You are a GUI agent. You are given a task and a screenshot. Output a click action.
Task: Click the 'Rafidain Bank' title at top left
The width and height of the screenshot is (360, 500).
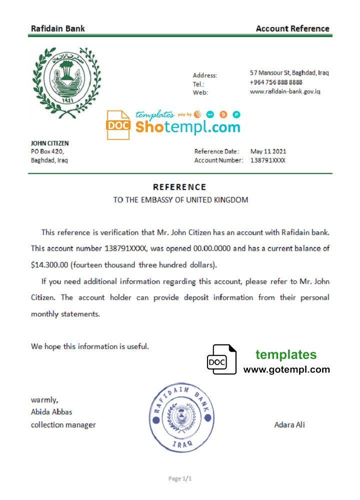(x=58, y=28)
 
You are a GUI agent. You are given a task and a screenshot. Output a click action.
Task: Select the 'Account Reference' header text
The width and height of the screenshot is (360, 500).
(x=292, y=28)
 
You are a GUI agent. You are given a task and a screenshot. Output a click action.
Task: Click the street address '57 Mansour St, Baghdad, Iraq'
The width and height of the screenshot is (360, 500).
(x=289, y=73)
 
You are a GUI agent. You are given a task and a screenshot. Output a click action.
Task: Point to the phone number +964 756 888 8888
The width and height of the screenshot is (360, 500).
(x=276, y=82)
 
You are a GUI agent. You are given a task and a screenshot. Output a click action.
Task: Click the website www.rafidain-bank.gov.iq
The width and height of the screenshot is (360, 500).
(x=285, y=91)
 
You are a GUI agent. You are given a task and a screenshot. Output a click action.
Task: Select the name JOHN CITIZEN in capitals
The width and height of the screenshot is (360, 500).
(x=50, y=143)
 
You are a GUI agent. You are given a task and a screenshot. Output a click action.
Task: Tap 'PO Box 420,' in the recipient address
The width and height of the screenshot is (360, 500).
(x=47, y=151)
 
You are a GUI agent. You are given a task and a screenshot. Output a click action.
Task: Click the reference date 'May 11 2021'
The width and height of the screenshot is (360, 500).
(x=268, y=151)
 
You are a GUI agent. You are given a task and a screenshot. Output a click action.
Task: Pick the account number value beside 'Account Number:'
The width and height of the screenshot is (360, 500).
(x=268, y=160)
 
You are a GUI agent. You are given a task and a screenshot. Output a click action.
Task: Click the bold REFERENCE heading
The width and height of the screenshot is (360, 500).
(x=179, y=187)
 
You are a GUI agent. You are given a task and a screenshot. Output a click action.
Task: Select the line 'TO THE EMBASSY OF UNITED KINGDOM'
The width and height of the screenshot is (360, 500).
(x=180, y=200)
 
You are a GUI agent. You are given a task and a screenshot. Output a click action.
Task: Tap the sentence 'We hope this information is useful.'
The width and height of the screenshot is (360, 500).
(x=90, y=346)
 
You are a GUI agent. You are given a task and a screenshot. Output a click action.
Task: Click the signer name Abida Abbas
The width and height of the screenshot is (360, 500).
(x=51, y=412)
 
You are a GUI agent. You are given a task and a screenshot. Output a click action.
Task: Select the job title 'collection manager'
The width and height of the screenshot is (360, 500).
(x=63, y=425)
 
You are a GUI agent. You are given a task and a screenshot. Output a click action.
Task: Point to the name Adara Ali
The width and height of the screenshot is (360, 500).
(x=289, y=425)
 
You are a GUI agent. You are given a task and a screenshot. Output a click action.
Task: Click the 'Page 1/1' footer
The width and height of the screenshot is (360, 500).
(x=180, y=478)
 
